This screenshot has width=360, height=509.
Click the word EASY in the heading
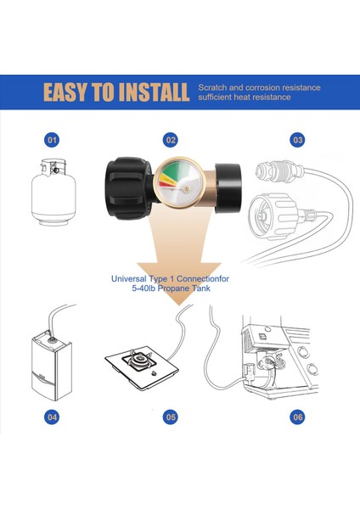click(72, 92)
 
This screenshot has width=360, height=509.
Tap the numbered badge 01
click(53, 140)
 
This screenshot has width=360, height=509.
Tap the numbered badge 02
click(172, 140)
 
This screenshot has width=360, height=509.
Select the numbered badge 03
click(297, 140)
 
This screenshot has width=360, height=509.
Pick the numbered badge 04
click(53, 417)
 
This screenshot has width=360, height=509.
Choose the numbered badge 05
click(172, 417)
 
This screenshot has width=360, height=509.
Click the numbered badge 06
click(297, 417)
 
